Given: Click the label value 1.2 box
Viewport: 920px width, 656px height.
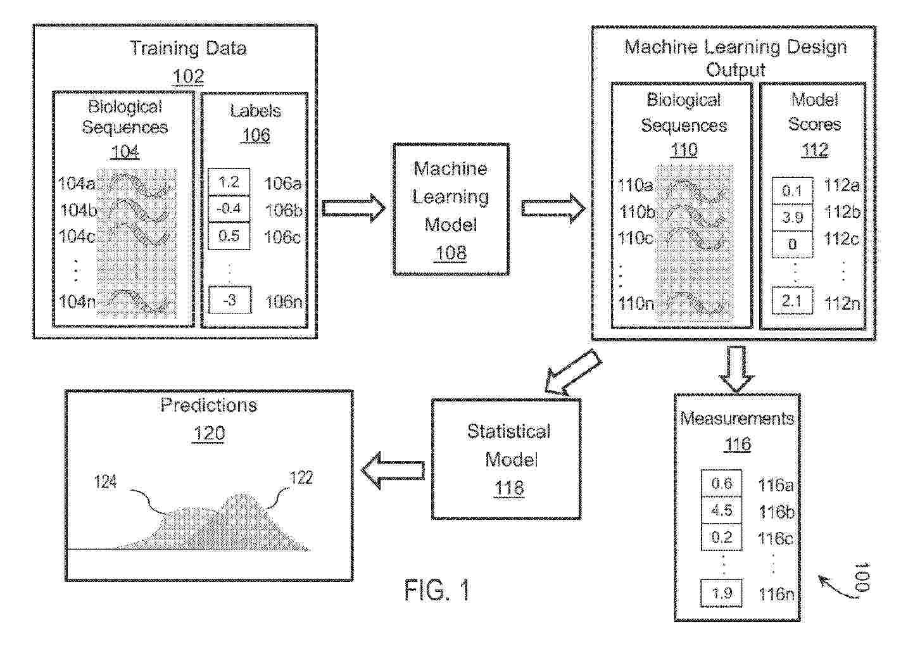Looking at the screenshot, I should [x=229, y=182].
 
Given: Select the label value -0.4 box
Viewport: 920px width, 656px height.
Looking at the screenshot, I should [x=229, y=209].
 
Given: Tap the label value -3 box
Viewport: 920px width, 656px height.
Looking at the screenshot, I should [x=230, y=300].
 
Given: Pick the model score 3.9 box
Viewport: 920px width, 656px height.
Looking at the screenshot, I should [x=792, y=217].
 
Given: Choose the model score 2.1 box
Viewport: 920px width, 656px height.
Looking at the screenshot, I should [x=792, y=301].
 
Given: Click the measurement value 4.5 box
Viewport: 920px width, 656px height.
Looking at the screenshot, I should [x=722, y=510].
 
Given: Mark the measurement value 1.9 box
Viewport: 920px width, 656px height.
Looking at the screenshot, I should [x=722, y=593].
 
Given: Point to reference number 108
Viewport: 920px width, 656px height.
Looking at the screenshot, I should [x=451, y=253].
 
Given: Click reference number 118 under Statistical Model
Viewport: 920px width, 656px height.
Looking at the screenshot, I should [x=509, y=488].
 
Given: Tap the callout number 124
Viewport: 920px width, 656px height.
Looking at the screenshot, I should [x=105, y=483].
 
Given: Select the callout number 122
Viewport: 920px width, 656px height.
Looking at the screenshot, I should [x=301, y=477].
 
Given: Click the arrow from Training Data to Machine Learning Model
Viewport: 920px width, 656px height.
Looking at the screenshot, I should [x=353, y=208].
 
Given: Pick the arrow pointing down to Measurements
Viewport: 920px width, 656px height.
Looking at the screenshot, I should [x=736, y=369].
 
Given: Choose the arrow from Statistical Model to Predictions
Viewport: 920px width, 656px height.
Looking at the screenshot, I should [x=393, y=470].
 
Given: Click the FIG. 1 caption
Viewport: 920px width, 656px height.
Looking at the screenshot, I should [x=437, y=591].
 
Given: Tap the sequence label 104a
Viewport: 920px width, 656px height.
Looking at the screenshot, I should [x=77, y=184].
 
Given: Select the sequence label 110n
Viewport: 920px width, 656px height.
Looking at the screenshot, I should [x=636, y=303].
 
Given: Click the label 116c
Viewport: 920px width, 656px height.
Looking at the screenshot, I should [x=776, y=539].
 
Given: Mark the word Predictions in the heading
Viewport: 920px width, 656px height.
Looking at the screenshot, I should [x=208, y=405].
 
